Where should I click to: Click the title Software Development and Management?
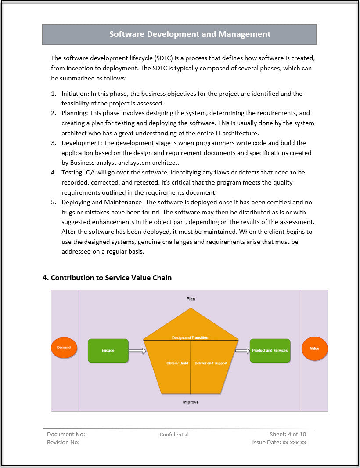coord(190,34)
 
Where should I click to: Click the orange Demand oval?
coord(64,348)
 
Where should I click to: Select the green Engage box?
coord(108,351)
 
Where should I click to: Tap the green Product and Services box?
coord(270,351)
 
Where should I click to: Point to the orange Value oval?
coord(314,348)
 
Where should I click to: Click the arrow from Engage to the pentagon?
coord(137,351)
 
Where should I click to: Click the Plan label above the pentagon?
coord(191,299)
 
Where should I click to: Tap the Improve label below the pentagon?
coord(191,402)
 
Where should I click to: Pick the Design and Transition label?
coord(190,337)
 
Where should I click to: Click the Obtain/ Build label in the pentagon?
coord(177,363)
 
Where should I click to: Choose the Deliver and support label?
coord(211,363)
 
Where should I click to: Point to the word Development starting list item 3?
coord(81,143)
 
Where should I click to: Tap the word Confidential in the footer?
coord(174,435)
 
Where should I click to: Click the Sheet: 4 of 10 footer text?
coord(288,434)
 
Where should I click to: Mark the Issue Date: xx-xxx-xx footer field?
coord(279,443)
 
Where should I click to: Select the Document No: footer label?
coord(66,434)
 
